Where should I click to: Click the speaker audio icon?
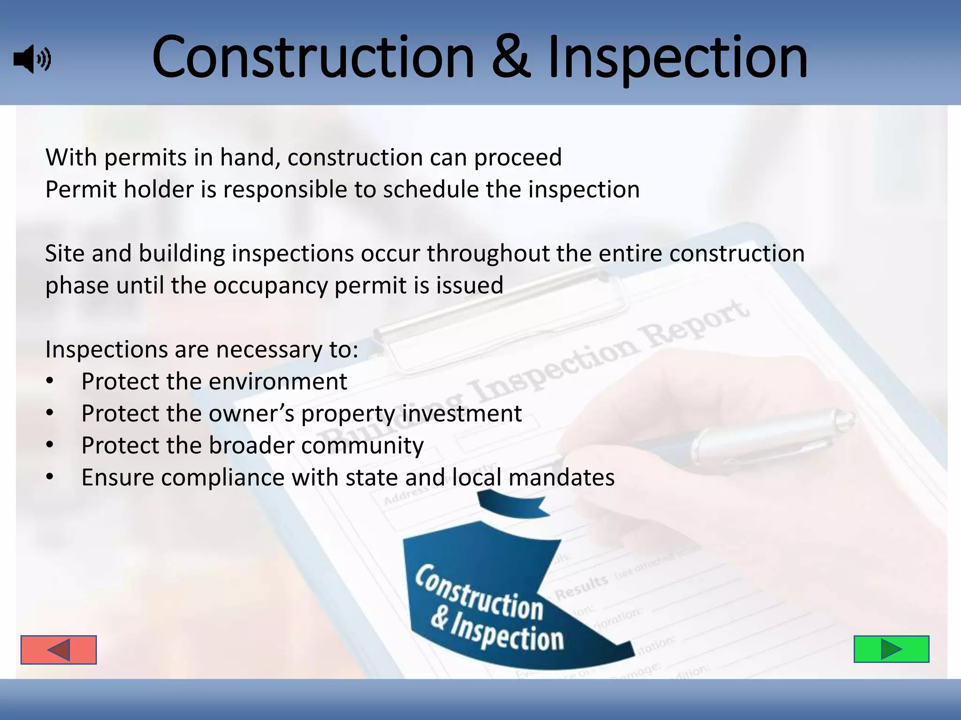(x=32, y=59)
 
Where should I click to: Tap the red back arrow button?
(x=59, y=650)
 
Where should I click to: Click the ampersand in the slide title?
(x=511, y=58)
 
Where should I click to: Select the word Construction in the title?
(x=313, y=58)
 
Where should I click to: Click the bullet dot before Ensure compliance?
(x=50, y=478)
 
